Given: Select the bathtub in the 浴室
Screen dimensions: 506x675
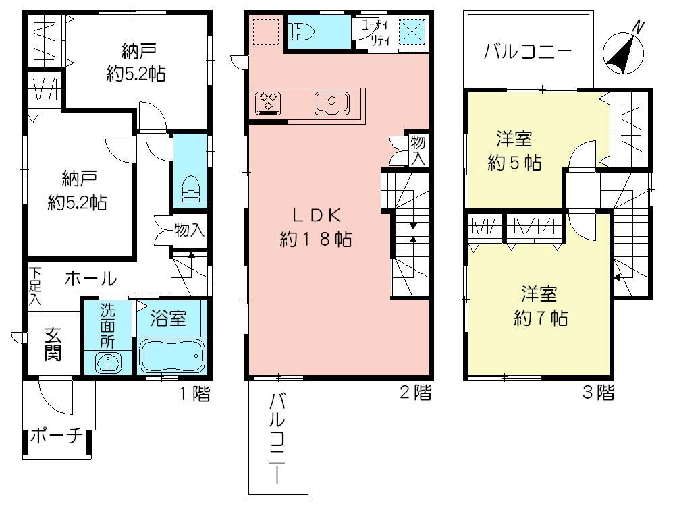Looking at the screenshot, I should (171, 356).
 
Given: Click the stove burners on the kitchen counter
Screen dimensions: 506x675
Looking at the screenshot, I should (267, 103).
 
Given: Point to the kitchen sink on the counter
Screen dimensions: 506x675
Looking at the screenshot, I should (331, 104).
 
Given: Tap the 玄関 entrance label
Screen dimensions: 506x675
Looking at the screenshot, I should (53, 344).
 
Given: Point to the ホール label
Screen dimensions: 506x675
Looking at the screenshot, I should (91, 277).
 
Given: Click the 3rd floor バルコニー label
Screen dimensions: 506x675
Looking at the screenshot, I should (528, 51).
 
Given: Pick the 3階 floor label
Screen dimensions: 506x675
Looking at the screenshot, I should (597, 393).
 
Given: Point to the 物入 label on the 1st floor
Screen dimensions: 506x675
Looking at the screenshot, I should (188, 229).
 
